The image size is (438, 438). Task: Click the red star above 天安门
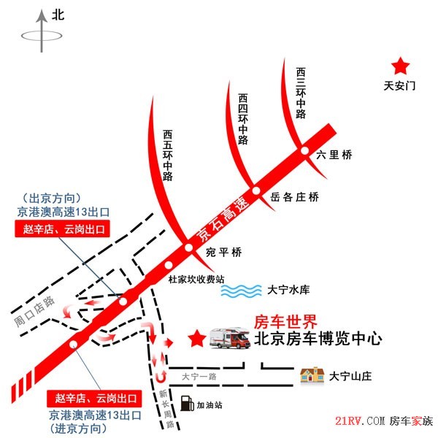pos(400,66)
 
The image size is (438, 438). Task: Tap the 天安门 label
pos(399,85)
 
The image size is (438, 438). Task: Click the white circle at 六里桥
pos(304,150)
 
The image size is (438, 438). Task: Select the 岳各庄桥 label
pos(294,197)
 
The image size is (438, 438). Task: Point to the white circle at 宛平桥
pos(188,247)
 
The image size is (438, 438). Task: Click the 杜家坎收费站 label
pos(196,279)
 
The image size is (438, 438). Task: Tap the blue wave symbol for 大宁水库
pos(241,291)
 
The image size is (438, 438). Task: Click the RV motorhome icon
pos(230,338)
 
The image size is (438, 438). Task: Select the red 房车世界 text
pos(285,322)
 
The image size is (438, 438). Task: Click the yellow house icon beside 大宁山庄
pos(312,375)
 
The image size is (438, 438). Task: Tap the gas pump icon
pos(187,404)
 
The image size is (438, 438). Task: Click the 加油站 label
pos(210,405)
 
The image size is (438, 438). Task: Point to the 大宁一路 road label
pos(199,377)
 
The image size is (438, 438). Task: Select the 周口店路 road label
pos(34,312)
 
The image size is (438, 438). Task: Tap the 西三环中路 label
pos(301,93)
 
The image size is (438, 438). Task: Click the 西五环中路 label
pos(168,155)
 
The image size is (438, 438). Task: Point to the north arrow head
pos(42,16)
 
